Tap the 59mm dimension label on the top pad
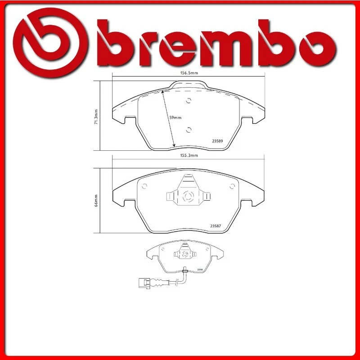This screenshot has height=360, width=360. (175, 118)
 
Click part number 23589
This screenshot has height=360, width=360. (217, 140)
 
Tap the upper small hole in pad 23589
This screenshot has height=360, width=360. (189, 100)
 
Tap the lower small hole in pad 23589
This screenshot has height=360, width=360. (189, 130)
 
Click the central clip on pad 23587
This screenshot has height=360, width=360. (188, 195)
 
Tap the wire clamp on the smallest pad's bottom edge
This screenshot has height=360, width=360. (185, 270)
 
